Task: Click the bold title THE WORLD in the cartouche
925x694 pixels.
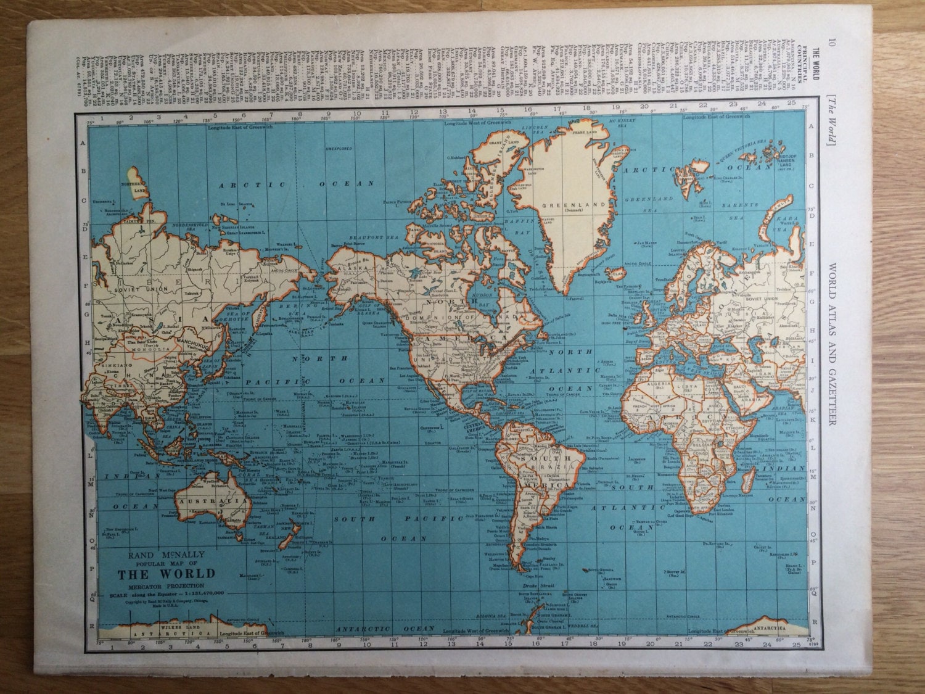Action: [x=166, y=572]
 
